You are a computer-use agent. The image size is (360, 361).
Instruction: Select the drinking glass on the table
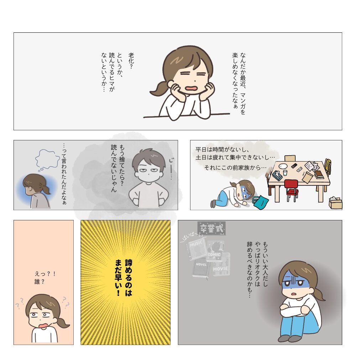(x=285, y=173)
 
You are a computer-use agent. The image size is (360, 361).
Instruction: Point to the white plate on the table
(x=283, y=166)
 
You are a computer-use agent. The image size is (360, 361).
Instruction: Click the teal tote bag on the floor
(x=261, y=202)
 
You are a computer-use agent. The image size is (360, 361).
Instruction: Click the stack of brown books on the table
(x=319, y=174)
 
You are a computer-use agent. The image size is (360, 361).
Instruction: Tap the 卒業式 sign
(x=212, y=228)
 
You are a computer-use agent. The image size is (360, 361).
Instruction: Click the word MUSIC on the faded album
(x=196, y=244)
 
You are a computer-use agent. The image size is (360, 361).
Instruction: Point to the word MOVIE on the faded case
(x=220, y=269)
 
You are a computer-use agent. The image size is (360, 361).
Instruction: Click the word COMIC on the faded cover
(x=214, y=255)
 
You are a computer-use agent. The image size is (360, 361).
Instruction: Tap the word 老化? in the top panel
(x=131, y=61)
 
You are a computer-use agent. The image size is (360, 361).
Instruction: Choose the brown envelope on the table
(x=307, y=177)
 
